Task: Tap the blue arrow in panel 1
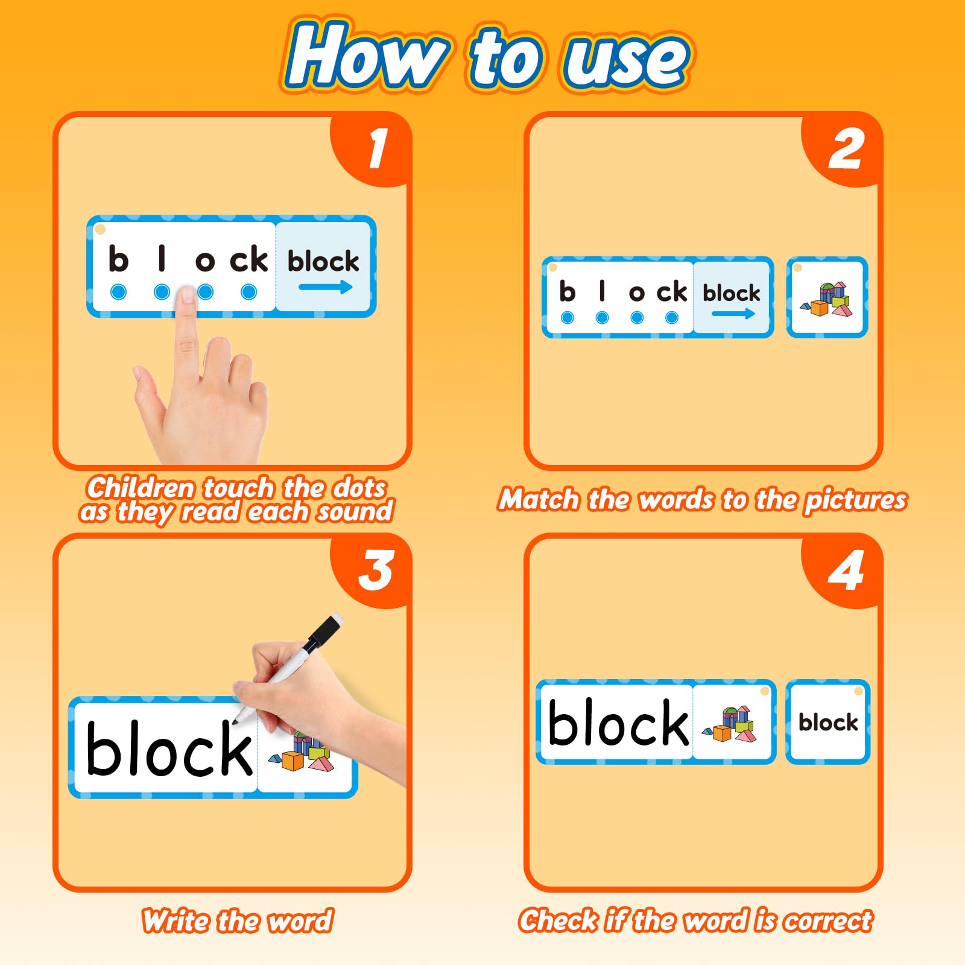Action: coord(326,287)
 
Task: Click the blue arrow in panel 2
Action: coord(733,314)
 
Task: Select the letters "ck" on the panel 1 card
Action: coord(248,259)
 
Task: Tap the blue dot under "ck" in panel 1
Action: coord(248,292)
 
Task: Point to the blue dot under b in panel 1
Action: coord(119,292)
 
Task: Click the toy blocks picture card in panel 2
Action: coord(827,297)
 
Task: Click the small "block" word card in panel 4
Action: coord(827,722)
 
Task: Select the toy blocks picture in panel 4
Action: coord(729,724)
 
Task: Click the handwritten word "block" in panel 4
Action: coord(618,723)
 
